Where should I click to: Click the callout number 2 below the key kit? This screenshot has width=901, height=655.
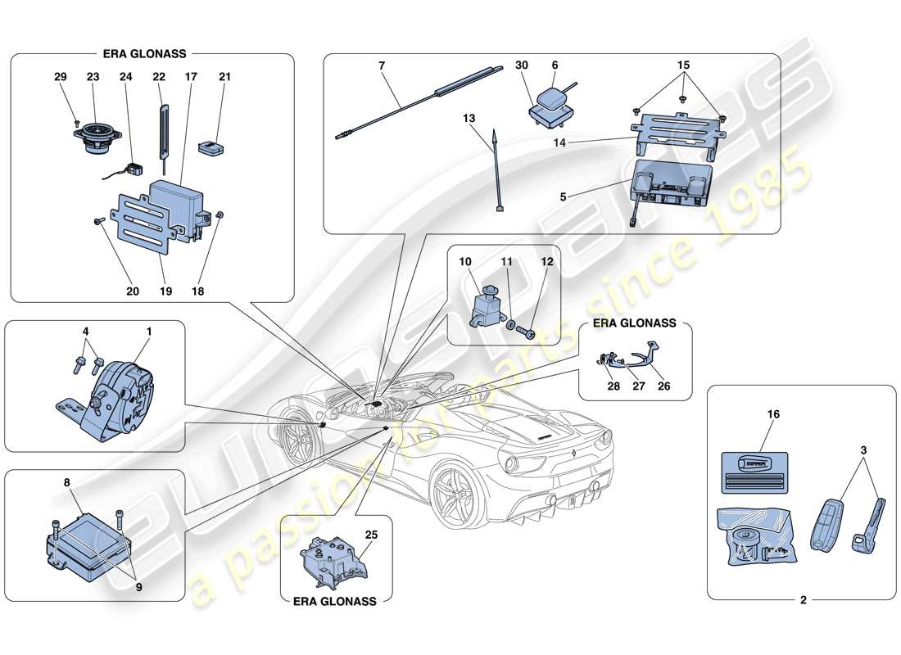(x=803, y=600)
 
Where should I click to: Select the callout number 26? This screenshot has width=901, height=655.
(x=664, y=386)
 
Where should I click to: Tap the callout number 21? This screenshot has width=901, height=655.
(x=224, y=77)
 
